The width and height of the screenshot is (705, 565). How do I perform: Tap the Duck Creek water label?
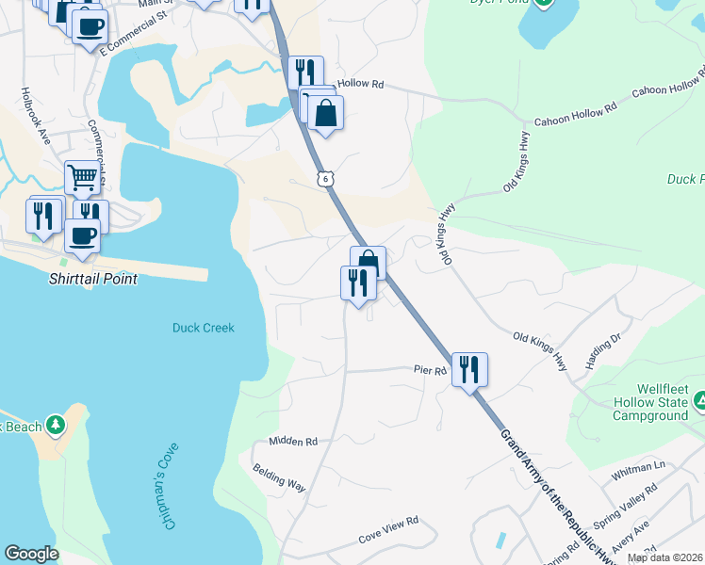[x=203, y=328]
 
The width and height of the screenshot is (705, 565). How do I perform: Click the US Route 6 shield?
[x=325, y=177]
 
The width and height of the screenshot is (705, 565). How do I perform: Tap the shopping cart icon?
[x=83, y=176]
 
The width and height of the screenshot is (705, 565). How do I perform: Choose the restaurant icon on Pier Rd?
[x=469, y=369]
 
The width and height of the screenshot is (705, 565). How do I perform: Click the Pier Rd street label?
[x=430, y=371]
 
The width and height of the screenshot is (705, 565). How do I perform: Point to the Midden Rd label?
[x=293, y=441]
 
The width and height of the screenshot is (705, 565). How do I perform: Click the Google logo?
[x=32, y=553]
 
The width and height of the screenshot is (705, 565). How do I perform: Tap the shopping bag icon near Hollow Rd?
[x=325, y=114]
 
